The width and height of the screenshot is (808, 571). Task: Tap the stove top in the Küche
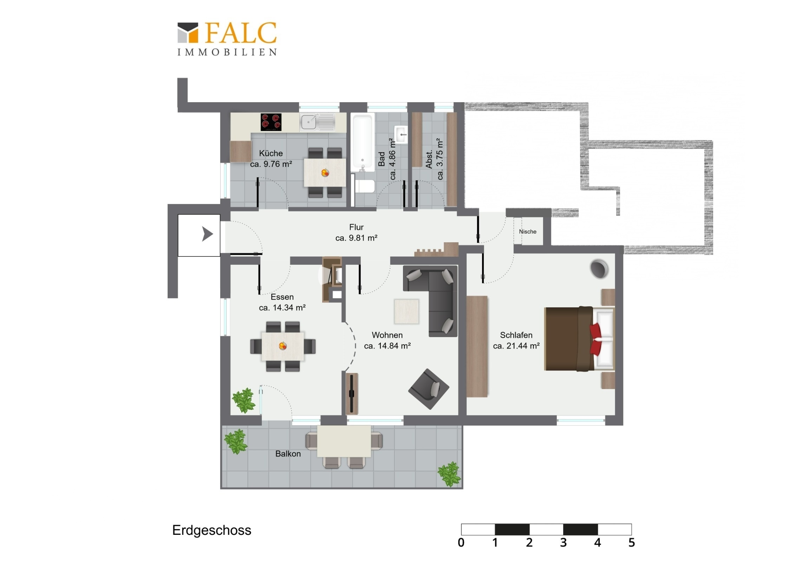point(271,122)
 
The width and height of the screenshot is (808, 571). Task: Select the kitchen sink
point(318,122)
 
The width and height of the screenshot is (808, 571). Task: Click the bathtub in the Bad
point(363,143)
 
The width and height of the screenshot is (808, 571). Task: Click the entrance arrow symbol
point(207,234)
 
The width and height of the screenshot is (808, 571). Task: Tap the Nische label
point(528,231)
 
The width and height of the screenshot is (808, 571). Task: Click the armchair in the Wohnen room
point(429,389)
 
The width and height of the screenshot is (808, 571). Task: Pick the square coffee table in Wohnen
point(406,311)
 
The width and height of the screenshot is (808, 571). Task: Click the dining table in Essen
point(283,346)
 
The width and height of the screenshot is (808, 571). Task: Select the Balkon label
point(288,454)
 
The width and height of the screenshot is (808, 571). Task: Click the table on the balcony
point(344,441)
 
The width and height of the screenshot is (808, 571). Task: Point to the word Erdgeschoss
point(212,530)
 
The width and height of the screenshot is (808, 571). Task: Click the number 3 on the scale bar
point(563,543)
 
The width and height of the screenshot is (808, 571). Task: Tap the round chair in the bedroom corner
point(599,269)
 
